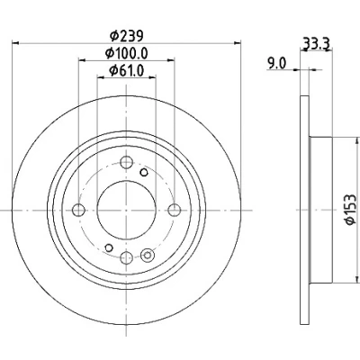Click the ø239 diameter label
click(126, 36)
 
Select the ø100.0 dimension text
click(126, 53)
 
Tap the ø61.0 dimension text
click(127, 71)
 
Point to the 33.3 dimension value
click(317, 44)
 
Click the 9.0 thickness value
click(277, 64)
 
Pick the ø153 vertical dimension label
click(350, 210)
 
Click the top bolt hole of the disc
click(126, 162)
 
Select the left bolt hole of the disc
click(78, 210)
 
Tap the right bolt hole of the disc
click(175, 210)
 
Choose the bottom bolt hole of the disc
click(126, 257)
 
